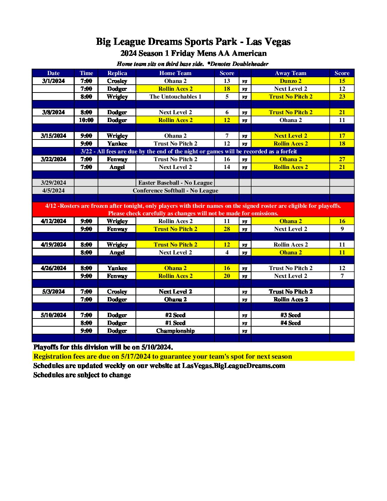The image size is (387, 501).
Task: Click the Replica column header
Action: [117, 73]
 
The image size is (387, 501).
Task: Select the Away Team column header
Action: [290, 73]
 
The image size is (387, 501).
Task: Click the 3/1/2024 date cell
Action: [53, 81]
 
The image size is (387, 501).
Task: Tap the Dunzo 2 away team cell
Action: [290, 81]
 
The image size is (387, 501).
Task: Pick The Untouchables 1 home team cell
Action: [175, 96]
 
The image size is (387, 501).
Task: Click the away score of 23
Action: [342, 96]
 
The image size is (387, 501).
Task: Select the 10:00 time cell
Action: [86, 120]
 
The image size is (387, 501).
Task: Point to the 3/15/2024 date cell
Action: [53, 136]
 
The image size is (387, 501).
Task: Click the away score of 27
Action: [342, 159]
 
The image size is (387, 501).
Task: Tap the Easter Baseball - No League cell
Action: [175, 183]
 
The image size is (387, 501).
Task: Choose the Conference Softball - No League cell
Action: [175, 190]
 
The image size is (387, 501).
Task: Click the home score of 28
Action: [227, 229]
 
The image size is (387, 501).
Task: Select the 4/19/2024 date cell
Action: [53, 244]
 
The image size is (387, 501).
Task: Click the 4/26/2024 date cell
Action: [53, 268]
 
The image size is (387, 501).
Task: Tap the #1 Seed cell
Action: [175, 323]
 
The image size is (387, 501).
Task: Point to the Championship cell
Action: [175, 331]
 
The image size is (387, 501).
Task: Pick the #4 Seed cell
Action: [290, 323]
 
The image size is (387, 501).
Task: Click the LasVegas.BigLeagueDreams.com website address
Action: [233, 366]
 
